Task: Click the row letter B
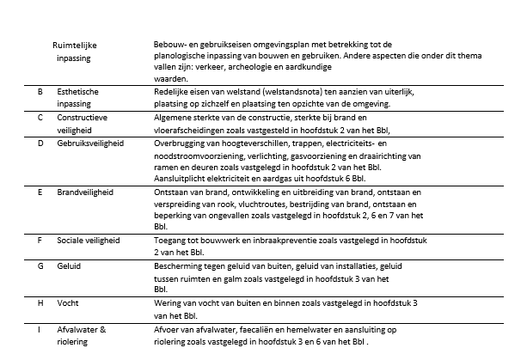point(40,90)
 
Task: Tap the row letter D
point(40,143)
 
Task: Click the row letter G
point(40,267)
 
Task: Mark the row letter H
point(40,304)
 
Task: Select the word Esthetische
point(79,90)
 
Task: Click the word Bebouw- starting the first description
point(169,43)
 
